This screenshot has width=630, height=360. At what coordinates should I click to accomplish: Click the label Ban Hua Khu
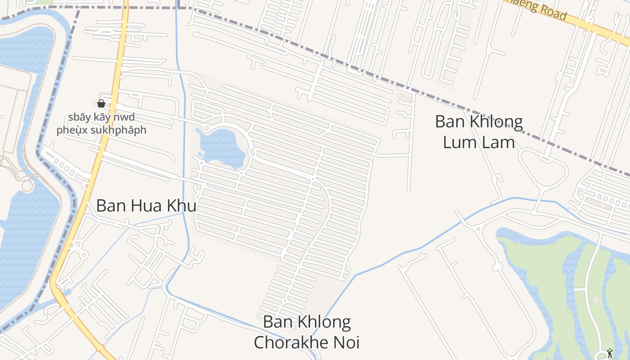(146, 206)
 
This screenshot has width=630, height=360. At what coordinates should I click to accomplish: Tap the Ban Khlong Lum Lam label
(479, 132)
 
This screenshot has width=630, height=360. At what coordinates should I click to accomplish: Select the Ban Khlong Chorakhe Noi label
(307, 332)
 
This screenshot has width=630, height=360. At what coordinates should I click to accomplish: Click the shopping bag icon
(101, 103)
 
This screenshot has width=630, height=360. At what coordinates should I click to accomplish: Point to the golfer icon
(610, 353)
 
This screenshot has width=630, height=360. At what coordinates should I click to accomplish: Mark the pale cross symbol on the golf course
(597, 300)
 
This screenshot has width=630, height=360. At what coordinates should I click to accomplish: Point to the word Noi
(345, 342)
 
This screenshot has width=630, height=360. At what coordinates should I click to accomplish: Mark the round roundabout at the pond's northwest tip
(206, 129)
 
